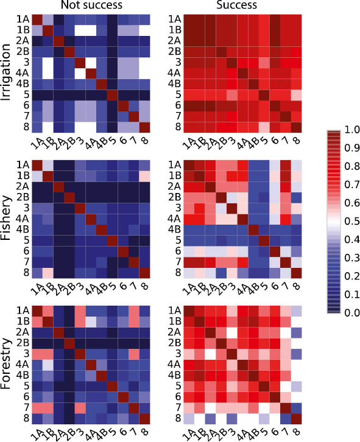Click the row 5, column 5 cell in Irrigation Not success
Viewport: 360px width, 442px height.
coord(111,94)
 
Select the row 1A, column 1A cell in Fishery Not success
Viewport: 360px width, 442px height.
coord(37,164)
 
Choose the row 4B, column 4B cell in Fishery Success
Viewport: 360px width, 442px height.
coord(253,229)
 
